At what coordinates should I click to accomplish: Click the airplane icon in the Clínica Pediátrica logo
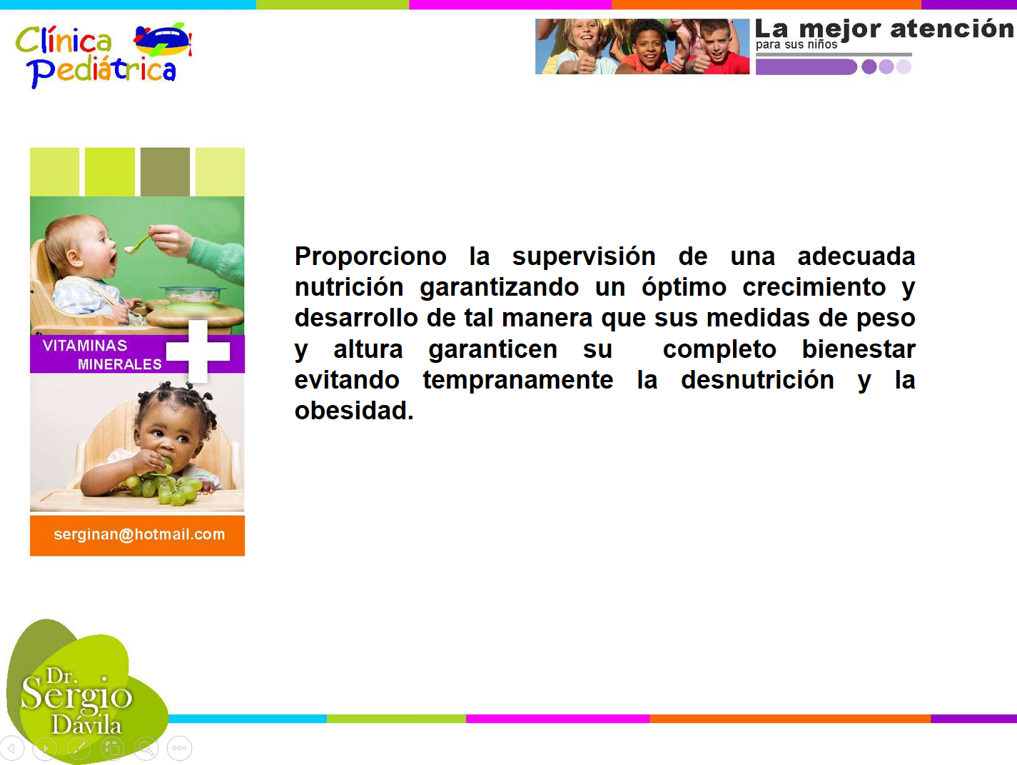163,40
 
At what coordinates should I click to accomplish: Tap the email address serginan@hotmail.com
139,534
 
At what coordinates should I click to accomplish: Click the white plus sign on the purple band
198,351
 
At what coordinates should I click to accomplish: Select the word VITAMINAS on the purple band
85,346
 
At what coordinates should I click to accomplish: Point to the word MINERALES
119,364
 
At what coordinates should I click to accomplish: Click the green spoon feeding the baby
138,243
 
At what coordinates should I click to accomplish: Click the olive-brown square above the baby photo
165,171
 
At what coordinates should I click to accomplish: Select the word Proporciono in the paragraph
370,257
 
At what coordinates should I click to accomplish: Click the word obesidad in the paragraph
354,411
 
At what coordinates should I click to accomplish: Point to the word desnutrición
757,380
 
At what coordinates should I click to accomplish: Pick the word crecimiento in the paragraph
814,287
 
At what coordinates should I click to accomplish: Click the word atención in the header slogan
951,29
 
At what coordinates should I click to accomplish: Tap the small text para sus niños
796,45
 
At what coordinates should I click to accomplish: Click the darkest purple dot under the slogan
869,66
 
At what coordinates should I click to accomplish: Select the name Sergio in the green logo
76,697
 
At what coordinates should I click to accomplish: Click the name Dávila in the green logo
86,726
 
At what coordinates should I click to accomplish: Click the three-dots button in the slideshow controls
179,748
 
